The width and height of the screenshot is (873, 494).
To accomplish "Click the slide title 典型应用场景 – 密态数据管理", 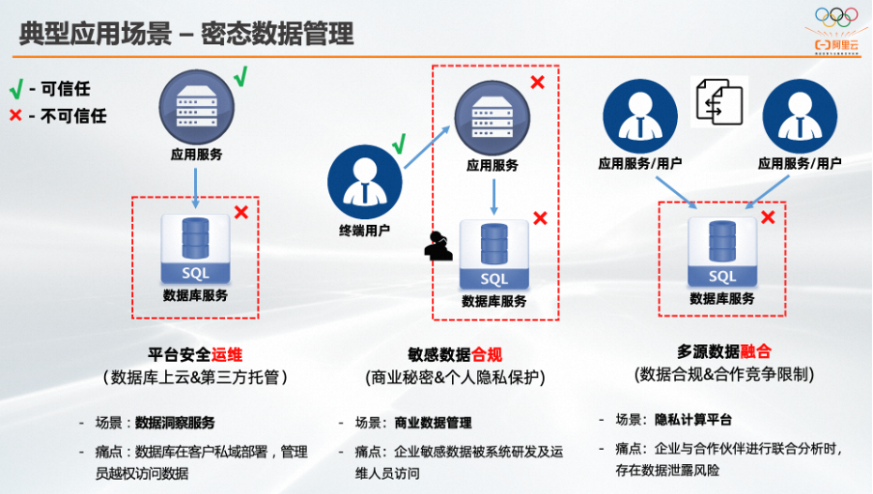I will click(186, 34).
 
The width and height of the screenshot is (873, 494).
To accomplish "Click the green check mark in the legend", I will click(15, 90).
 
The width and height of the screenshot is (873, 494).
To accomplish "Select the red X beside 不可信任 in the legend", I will click(15, 116).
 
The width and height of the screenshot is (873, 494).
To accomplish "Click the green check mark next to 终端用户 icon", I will click(399, 146).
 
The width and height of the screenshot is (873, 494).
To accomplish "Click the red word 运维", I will click(227, 354).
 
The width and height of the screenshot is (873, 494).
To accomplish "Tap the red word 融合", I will click(755, 351).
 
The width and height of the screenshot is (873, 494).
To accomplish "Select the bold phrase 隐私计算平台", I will click(693, 420).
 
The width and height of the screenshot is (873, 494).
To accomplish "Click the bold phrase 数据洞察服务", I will click(175, 423).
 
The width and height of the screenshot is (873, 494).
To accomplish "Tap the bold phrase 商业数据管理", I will click(433, 423).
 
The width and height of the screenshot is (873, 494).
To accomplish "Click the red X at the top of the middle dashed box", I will click(537, 82).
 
